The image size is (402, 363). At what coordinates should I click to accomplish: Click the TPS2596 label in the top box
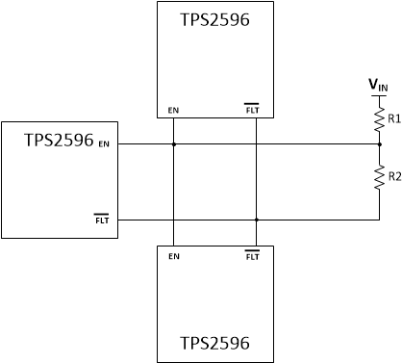pos(215,19)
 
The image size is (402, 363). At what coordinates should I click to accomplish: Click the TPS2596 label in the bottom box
pos(215,343)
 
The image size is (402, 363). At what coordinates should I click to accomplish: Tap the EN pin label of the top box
pos(173,110)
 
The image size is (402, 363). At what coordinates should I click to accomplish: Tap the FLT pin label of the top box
pos(253,110)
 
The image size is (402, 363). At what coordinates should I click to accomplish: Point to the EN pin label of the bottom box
pos(173,257)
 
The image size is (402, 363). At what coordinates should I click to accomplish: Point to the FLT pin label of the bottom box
pos(253,257)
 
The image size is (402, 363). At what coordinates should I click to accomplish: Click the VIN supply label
pos(379,86)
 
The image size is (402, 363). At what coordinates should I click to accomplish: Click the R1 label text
pos(393,118)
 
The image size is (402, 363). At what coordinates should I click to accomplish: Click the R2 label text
pos(393,175)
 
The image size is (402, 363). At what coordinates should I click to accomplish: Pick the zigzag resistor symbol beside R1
pos(379,118)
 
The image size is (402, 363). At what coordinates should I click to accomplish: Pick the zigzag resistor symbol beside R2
pos(379,176)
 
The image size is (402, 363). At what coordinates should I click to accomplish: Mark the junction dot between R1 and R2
pos(379,144)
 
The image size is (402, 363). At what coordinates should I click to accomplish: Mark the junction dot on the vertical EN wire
pos(173,144)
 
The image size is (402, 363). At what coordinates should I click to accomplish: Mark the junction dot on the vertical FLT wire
pos(257,220)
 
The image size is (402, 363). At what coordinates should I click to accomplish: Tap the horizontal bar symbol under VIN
pos(379,96)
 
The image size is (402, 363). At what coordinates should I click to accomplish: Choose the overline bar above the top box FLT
pos(253,104)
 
